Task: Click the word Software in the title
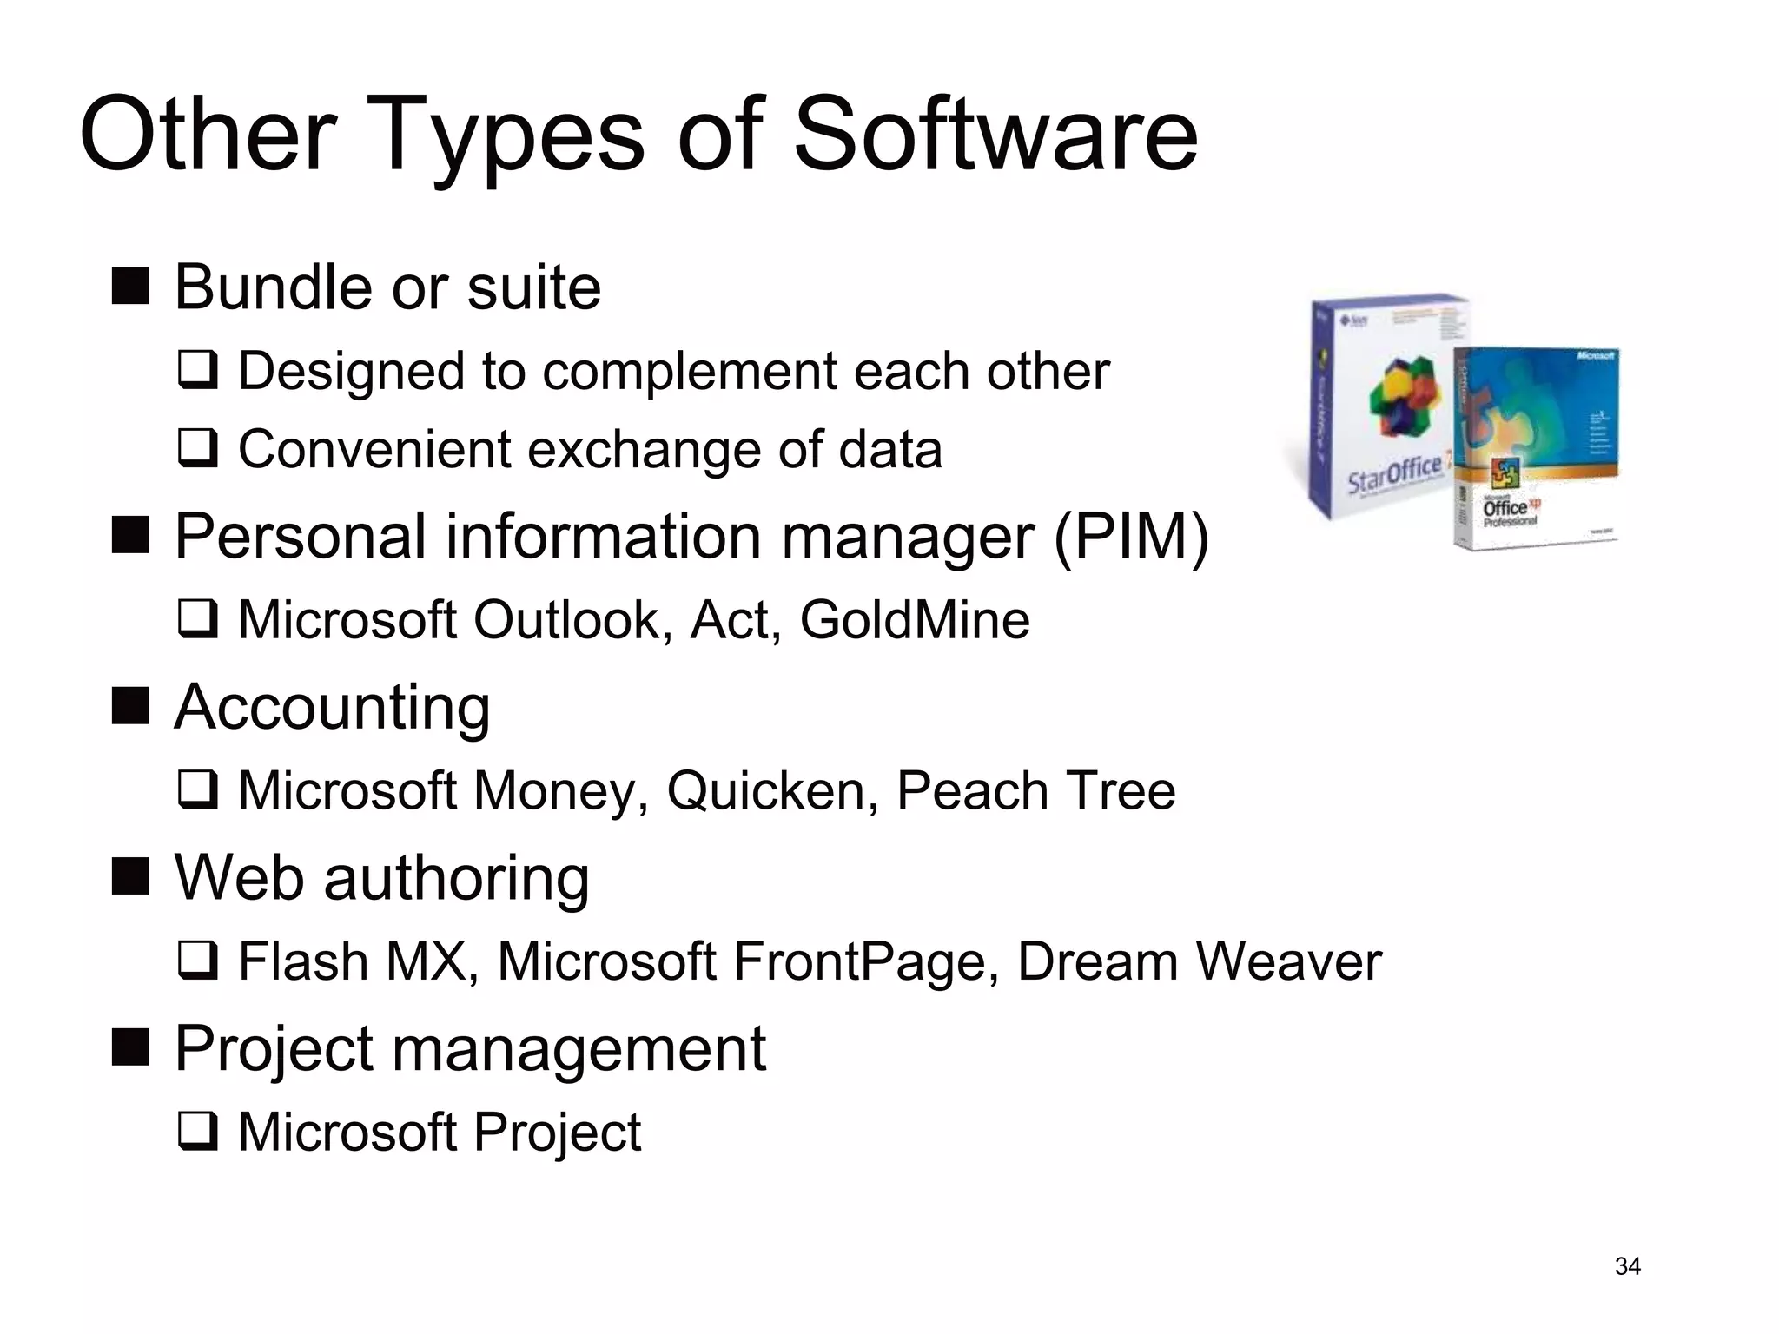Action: pos(995,135)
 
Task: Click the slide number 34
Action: pos(1627,1267)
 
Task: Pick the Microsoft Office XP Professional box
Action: pos(1536,447)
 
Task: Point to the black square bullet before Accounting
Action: pos(131,706)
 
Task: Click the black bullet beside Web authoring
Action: pos(131,876)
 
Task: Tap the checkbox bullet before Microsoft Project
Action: pos(197,1132)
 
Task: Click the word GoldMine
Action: pos(915,620)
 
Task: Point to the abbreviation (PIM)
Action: pos(1131,537)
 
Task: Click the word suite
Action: pos(533,287)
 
